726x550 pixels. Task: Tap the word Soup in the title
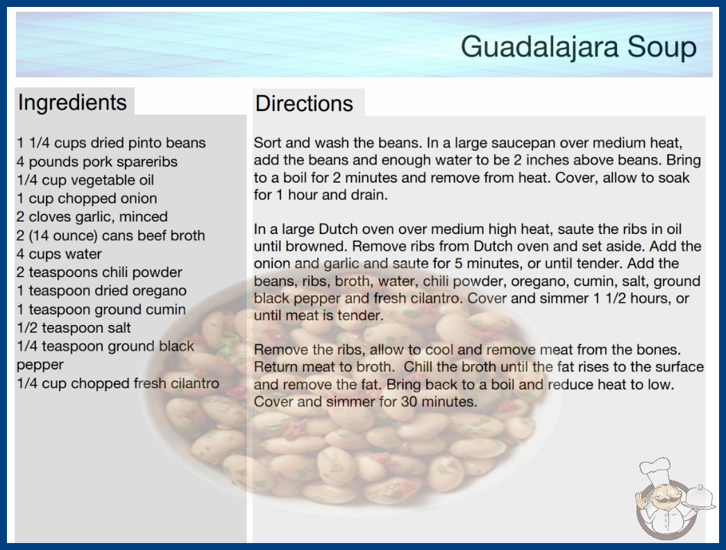(662, 47)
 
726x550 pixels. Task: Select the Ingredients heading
(72, 103)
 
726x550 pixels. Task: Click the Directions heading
(304, 103)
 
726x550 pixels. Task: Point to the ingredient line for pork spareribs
(97, 162)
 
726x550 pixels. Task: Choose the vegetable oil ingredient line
(85, 181)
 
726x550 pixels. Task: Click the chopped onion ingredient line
(87, 199)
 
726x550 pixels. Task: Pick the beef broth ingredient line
(110, 235)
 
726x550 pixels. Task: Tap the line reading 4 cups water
(59, 254)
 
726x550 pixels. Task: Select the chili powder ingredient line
(99, 272)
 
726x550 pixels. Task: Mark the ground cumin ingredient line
(101, 310)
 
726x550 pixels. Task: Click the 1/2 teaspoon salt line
(74, 328)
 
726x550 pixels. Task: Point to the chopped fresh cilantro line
(118, 383)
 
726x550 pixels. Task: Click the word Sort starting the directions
(268, 143)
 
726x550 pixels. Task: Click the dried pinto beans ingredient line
(111, 143)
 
